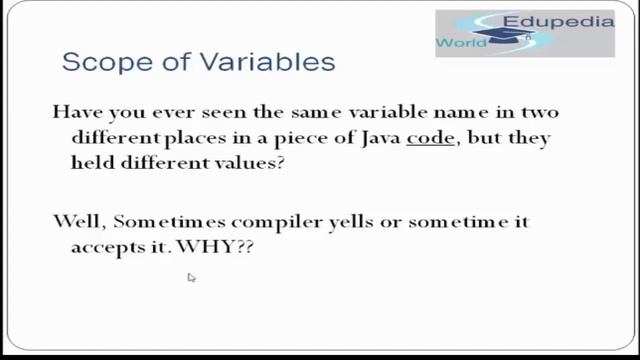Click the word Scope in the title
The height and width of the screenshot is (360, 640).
coord(98,63)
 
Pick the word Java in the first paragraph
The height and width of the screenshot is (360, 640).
coord(378,137)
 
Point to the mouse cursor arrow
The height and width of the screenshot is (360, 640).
coord(190,278)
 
